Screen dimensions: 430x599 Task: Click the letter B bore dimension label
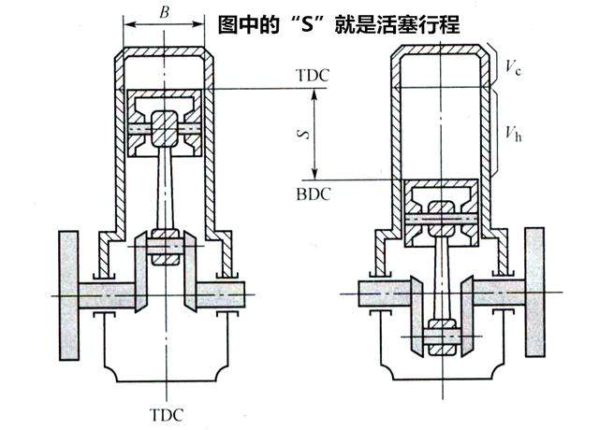click(x=165, y=12)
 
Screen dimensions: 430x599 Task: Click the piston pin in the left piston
click(x=165, y=126)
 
